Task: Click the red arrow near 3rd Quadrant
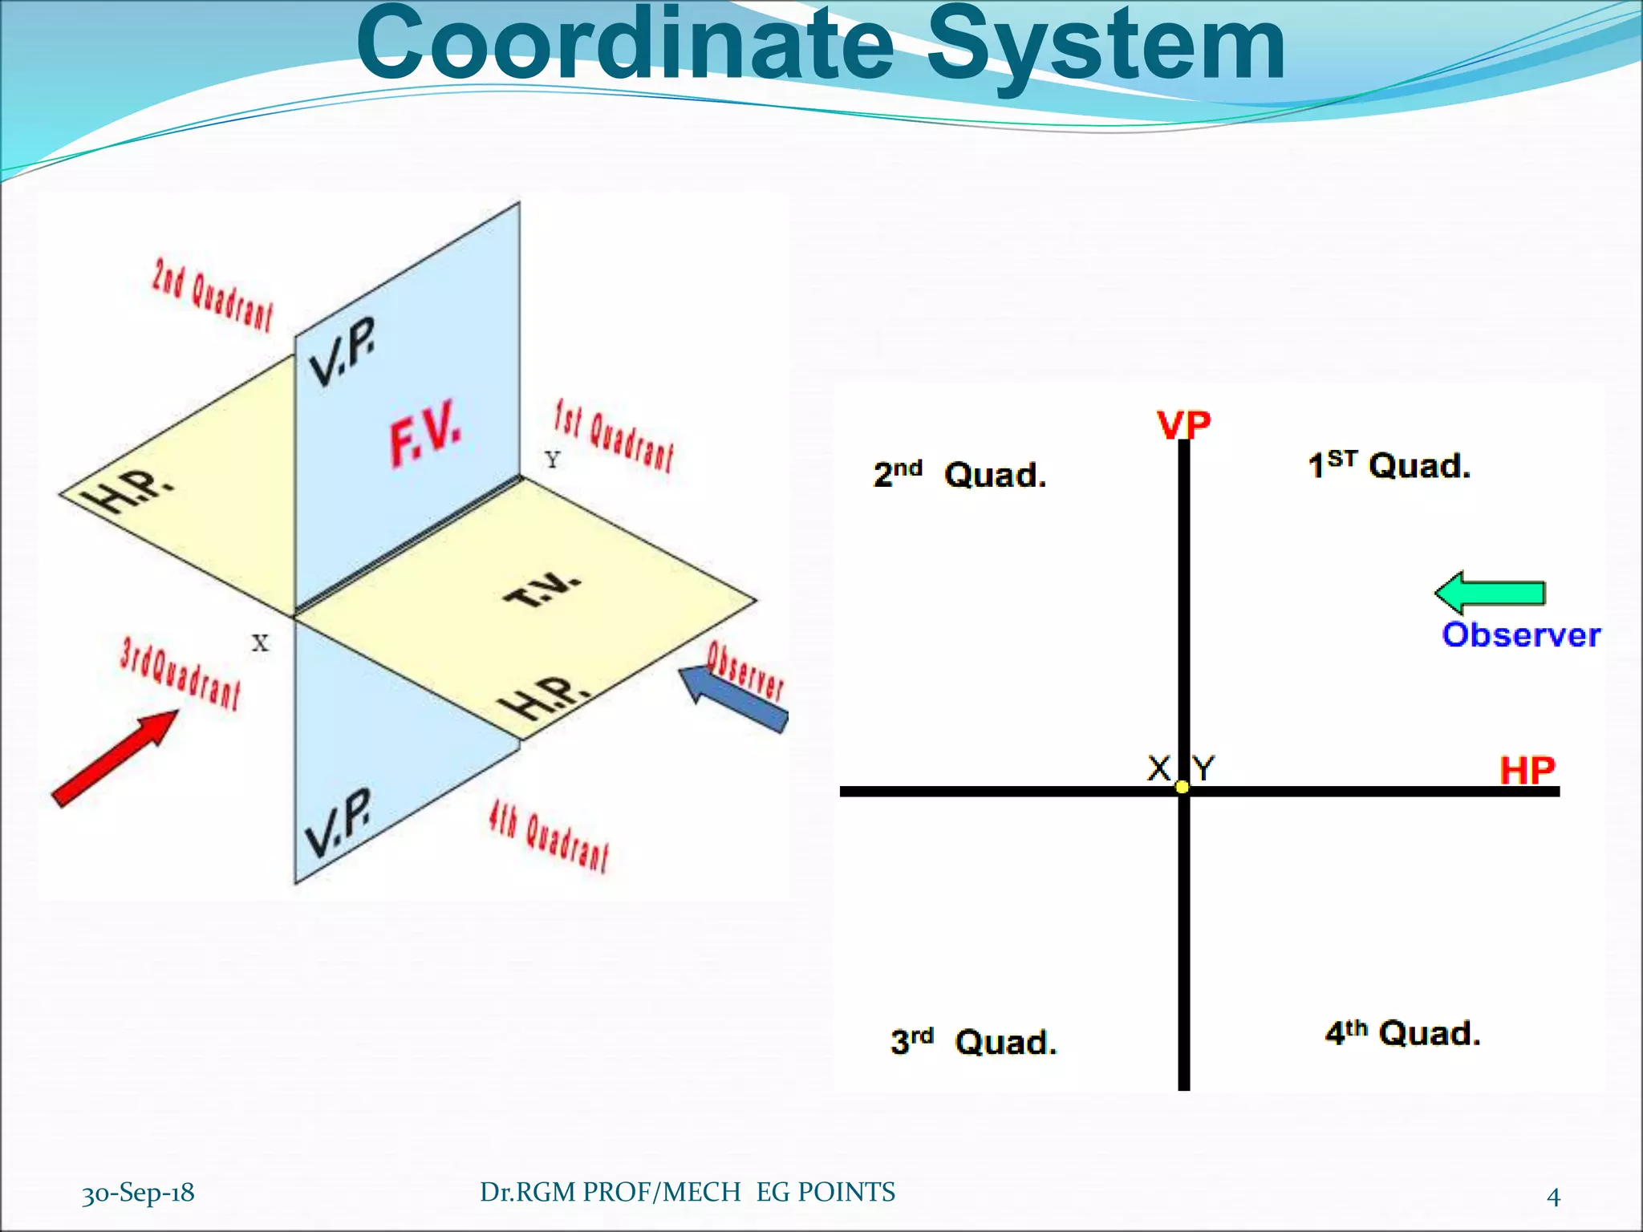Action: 115,757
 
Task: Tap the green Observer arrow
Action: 1490,593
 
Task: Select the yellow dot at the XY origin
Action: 1183,787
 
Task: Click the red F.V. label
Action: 425,433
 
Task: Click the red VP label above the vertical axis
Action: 1183,424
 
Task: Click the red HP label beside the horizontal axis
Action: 1527,771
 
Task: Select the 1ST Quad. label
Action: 1389,465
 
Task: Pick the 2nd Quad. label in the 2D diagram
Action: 959,474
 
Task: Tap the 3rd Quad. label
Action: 973,1041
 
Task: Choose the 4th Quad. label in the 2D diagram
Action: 1402,1032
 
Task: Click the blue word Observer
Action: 1521,635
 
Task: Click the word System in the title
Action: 1105,47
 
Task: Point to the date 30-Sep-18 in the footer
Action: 138,1193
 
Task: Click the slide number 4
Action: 1553,1197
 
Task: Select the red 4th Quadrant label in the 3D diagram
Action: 549,838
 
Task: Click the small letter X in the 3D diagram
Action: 260,642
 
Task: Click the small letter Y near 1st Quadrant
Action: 552,460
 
